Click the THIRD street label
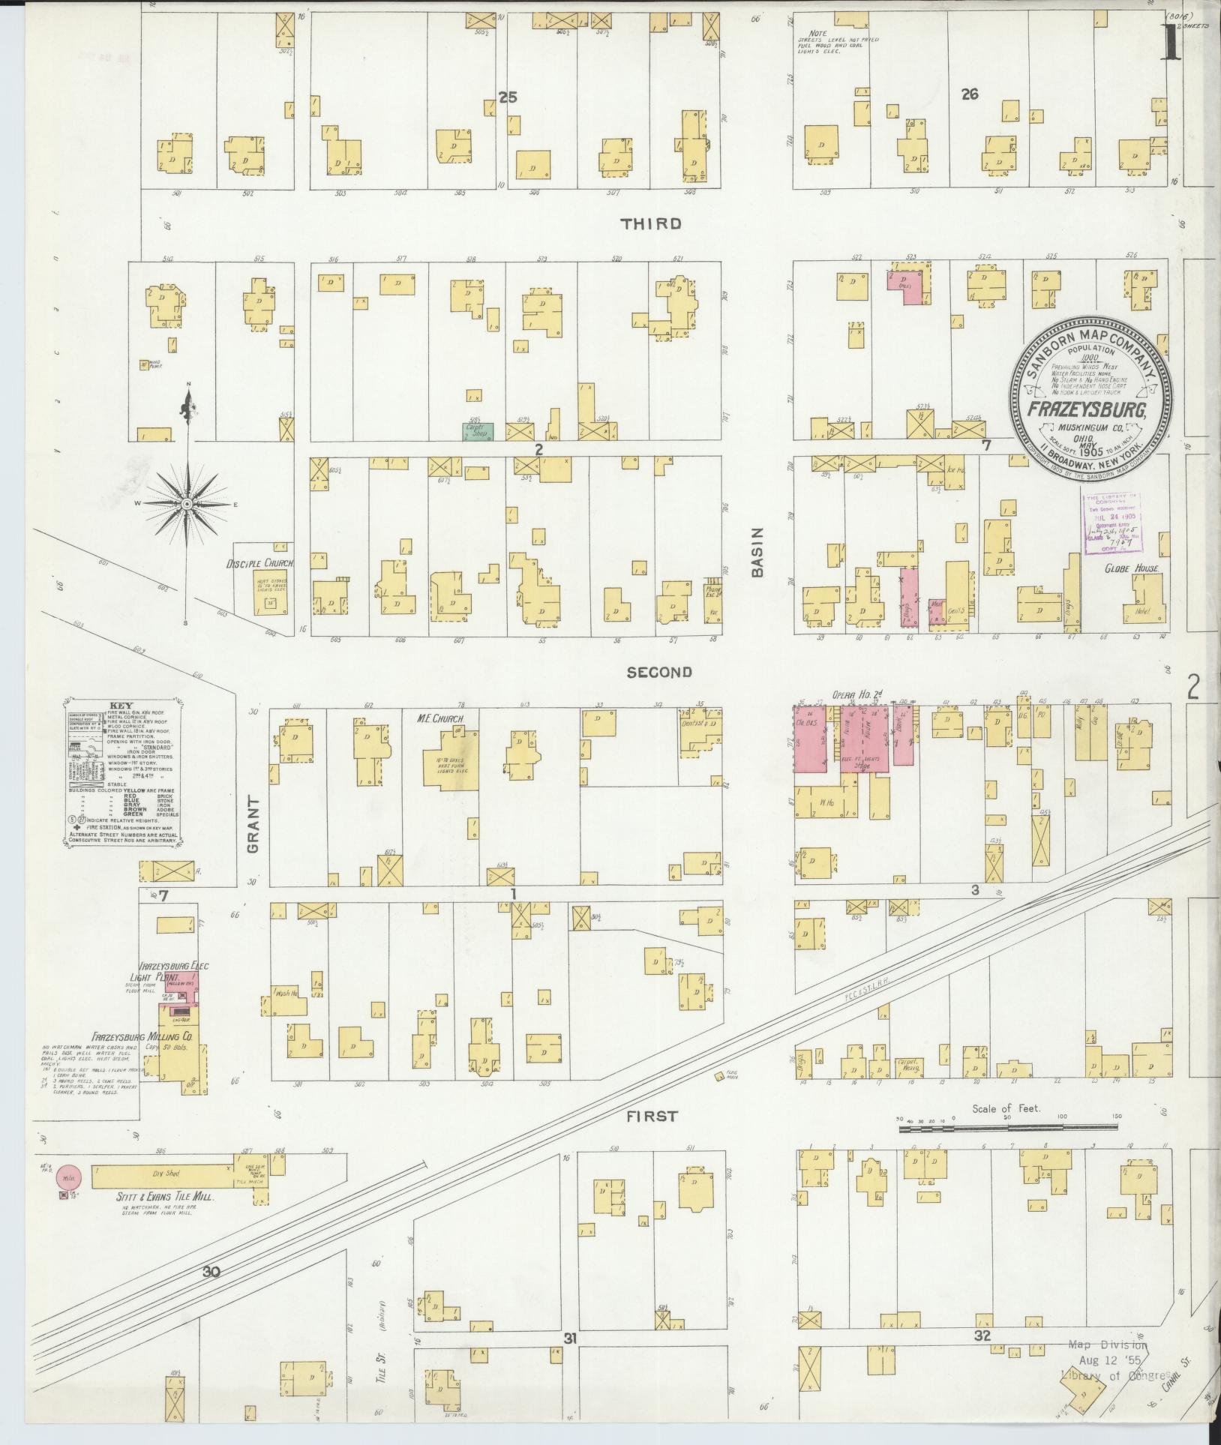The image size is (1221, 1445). pyautogui.click(x=650, y=223)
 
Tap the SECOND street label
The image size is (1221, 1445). pyautogui.click(x=659, y=673)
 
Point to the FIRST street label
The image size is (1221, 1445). pyautogui.click(x=652, y=1138)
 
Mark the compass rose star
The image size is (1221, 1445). pyautogui.click(x=185, y=506)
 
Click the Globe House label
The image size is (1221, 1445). pyautogui.click(x=1132, y=569)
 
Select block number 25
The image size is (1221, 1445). pyautogui.click(x=508, y=97)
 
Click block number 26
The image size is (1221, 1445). pyautogui.click(x=969, y=94)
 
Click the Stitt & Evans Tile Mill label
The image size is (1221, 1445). pyautogui.click(x=160, y=1199)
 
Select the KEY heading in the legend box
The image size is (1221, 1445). pyautogui.click(x=120, y=706)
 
